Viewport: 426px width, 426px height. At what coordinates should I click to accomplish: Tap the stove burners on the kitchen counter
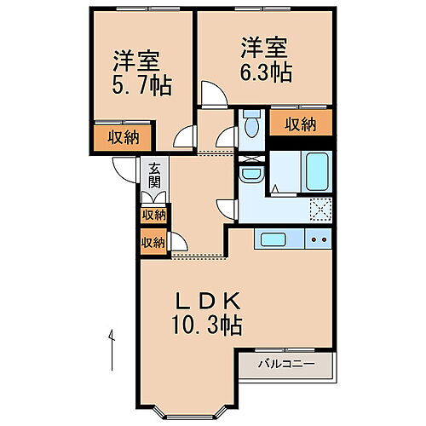click(320, 239)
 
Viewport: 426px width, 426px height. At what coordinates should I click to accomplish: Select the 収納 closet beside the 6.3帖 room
click(301, 124)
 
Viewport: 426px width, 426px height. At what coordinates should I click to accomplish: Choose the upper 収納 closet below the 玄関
click(153, 215)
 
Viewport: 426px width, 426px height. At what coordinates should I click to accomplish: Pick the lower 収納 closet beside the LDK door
click(153, 242)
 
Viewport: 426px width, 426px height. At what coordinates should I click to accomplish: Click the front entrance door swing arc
click(125, 168)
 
